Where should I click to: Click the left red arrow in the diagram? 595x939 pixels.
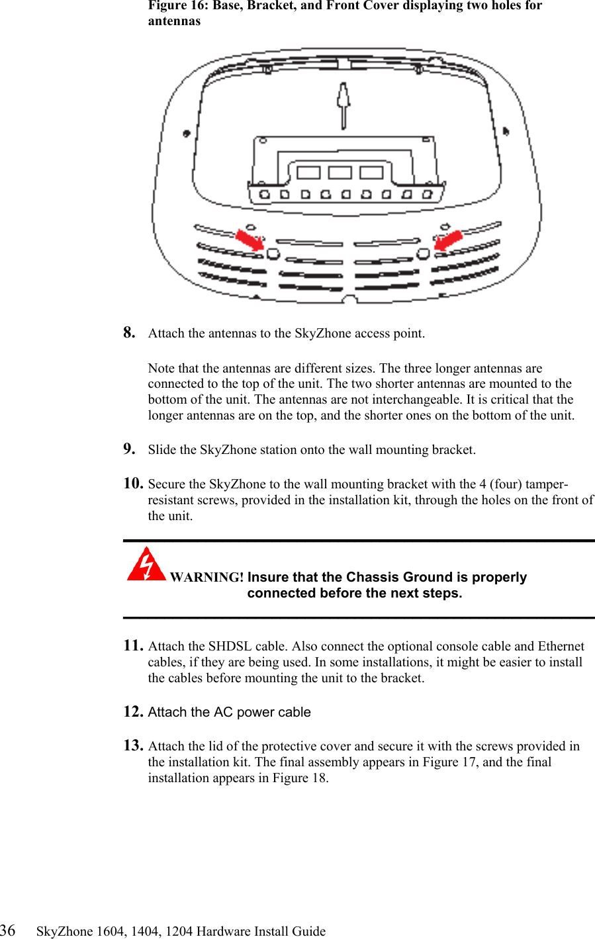point(250,240)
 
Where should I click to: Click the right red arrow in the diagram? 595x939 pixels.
point(448,240)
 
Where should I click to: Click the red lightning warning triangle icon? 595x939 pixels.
point(146,564)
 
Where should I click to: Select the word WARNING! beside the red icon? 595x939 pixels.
point(206,577)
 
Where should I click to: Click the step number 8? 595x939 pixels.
point(129,332)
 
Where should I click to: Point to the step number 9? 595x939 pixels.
point(129,449)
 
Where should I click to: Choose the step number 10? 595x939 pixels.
point(133,483)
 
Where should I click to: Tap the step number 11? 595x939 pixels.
point(133,645)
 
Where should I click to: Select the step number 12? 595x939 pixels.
point(133,711)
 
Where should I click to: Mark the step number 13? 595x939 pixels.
point(133,745)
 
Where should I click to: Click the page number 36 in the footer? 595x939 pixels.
point(8,930)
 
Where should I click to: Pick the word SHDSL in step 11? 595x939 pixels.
point(230,646)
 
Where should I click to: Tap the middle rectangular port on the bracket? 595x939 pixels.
point(340,173)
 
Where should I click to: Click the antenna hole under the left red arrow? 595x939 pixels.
point(273,253)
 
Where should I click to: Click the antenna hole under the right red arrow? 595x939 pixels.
point(423,253)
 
